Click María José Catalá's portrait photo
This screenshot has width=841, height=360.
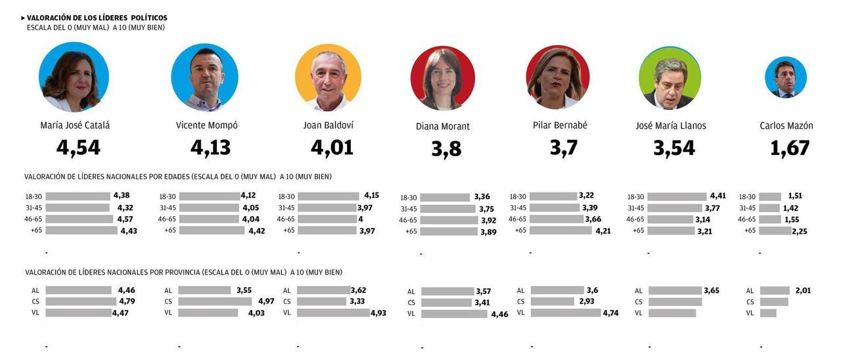74,77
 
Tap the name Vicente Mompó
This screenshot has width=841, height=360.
206,125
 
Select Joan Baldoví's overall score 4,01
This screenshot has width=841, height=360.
332,148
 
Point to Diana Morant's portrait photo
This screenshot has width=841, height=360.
442,78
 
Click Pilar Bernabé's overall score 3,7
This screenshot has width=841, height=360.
563,148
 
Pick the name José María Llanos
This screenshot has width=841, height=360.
670,125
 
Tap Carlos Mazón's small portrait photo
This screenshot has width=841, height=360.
785,78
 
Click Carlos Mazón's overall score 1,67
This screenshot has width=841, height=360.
789,148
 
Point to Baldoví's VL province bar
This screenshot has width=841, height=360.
333,313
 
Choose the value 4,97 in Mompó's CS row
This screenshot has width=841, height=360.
265,302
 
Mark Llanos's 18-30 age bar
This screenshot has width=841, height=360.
677,196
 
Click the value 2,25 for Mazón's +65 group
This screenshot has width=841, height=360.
799,231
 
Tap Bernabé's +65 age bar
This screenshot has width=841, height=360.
560,231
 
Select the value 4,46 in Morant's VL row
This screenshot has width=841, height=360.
499,314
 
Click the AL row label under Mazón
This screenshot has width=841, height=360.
750,291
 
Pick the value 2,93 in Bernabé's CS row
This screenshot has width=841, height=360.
587,302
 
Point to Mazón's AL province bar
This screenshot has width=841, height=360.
774,290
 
